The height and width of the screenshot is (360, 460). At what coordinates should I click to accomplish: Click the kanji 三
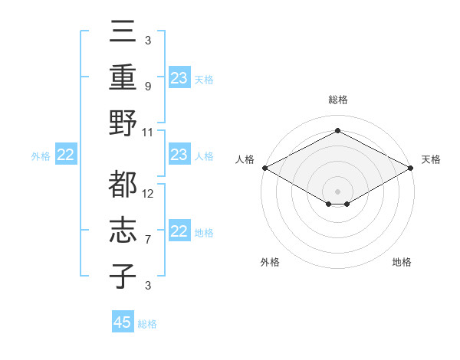pos(123,33)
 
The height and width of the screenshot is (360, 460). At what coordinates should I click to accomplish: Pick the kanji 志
pos(123,230)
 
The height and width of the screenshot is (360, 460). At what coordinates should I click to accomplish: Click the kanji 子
pos(123,276)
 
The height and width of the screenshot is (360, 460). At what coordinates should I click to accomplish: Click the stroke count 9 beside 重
pos(147,86)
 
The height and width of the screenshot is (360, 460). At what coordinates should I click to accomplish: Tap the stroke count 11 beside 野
pos(149,132)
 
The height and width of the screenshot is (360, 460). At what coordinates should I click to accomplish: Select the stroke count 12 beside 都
pos(149,193)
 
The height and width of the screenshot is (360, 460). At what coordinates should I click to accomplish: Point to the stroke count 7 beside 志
pos(147,240)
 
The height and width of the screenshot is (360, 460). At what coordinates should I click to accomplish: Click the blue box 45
pos(123,322)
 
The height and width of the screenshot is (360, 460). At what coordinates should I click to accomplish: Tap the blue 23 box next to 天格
pos(179,78)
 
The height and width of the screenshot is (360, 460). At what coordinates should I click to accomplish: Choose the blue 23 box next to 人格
pos(179,155)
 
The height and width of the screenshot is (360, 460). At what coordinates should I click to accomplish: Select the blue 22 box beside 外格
pos(65,155)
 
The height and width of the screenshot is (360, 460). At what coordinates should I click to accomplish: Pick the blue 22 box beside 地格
pos(179,231)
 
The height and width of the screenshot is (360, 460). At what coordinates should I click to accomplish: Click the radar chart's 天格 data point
pos(412,168)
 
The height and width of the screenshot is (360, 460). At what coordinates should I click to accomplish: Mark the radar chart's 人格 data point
pos(264,168)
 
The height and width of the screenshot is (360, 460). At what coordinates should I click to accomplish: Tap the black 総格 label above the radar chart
pos(338,100)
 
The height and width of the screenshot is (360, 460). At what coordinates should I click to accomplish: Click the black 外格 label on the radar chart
pos(270,262)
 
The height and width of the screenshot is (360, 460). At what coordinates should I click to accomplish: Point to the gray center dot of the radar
pos(338,191)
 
